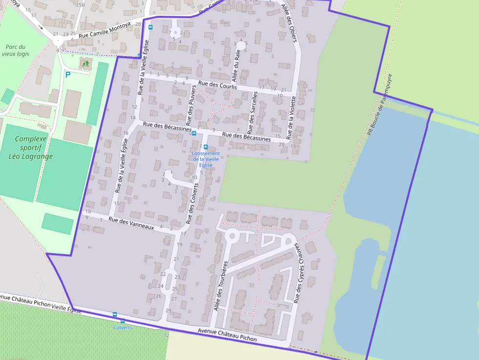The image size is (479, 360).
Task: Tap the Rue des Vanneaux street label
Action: coord(131,224)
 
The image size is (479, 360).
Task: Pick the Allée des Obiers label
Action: coord(290,22)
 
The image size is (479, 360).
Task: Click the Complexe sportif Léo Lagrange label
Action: coord(30,148)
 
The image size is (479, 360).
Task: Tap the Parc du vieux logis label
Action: coord(15,50)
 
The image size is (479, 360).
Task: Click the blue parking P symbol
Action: coord(68,75)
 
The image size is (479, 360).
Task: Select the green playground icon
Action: coord(86,63)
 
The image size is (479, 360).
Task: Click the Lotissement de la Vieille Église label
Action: coord(206,159)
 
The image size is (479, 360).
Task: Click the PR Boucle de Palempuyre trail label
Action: coord(380,105)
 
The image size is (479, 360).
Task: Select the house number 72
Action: coord(166,335)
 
